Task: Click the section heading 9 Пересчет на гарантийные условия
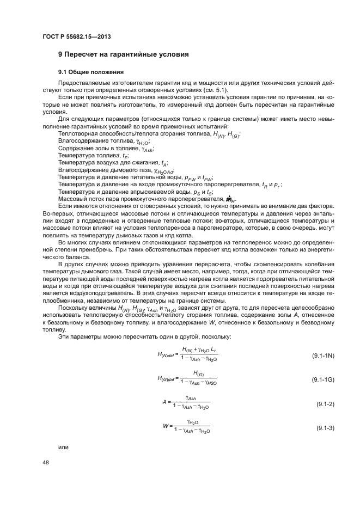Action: [123, 55]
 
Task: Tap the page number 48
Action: [45, 462]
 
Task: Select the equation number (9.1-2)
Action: [325, 404]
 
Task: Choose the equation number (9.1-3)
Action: [325, 428]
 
